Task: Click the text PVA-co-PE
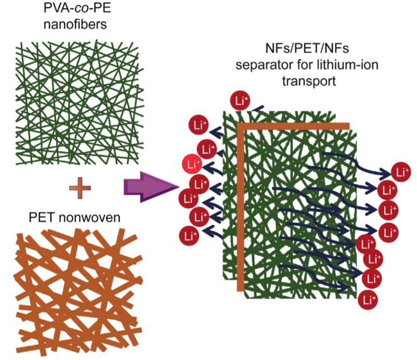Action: tap(77, 8)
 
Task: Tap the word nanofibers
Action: tap(75, 24)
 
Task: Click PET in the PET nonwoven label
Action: tap(42, 217)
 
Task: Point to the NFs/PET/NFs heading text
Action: tap(307, 48)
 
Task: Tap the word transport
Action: tap(309, 81)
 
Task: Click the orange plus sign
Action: tap(80, 188)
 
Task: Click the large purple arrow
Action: tap(151, 187)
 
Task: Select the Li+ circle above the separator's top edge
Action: tap(240, 100)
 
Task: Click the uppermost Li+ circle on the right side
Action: tap(401, 172)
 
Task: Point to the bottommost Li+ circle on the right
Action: tap(368, 300)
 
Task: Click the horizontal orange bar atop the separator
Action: tap(293, 126)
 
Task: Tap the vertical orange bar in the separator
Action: tap(240, 207)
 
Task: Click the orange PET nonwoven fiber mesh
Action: tap(80, 292)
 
